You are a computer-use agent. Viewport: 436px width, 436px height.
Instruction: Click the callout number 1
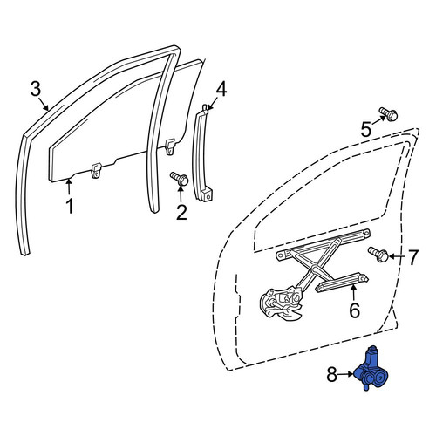tap(70, 206)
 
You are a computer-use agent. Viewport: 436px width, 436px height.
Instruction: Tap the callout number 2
tap(181, 213)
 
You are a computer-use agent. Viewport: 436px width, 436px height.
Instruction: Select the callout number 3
tap(36, 89)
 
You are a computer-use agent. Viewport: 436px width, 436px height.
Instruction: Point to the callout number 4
tap(221, 89)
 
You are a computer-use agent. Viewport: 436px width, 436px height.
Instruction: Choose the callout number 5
tap(366, 129)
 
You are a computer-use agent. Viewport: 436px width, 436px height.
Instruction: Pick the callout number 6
tap(354, 310)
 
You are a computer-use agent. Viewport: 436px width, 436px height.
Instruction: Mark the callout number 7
tap(413, 257)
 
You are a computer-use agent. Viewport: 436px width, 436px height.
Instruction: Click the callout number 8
tap(332, 374)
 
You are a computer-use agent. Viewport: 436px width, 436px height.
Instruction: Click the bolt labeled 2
tap(180, 178)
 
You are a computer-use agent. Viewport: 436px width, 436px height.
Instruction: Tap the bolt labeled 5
tap(388, 114)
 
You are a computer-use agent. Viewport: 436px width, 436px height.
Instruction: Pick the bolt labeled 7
tap(378, 254)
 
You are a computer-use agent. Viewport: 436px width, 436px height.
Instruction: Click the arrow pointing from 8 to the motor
tap(346, 374)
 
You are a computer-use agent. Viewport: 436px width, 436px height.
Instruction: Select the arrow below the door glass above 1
tap(69, 187)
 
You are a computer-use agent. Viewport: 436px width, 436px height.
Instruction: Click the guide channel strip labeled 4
tap(202, 153)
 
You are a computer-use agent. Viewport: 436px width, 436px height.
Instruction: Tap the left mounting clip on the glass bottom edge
tap(96, 170)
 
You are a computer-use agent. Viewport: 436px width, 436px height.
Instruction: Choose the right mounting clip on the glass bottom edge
tap(170, 146)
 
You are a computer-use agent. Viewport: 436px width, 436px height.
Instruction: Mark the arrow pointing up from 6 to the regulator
tap(353, 293)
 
